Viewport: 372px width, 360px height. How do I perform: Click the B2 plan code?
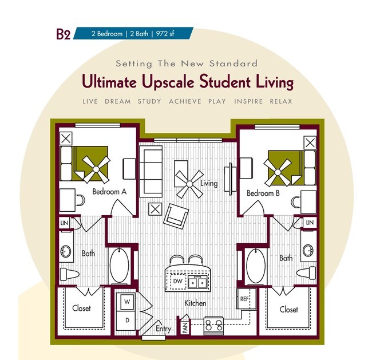pyautogui.click(x=63, y=34)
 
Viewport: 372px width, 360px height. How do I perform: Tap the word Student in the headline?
pyautogui.click(x=224, y=82)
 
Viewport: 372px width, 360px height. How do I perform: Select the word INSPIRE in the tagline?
pyautogui.click(x=248, y=101)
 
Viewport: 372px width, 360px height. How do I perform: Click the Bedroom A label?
pyautogui.click(x=109, y=192)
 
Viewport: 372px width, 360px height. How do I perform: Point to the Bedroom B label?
pyautogui.click(x=263, y=193)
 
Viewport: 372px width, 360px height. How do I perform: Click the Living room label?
pyautogui.click(x=209, y=183)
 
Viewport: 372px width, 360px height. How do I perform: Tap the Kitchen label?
pyautogui.click(x=195, y=303)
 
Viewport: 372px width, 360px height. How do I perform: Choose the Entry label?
pyautogui.click(x=163, y=329)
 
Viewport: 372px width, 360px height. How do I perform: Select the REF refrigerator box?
pyautogui.click(x=244, y=299)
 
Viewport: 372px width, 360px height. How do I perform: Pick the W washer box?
pyautogui.click(x=126, y=301)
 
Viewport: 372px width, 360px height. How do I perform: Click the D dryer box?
pyautogui.click(x=126, y=319)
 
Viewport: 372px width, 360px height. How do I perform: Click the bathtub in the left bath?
pyautogui.click(x=120, y=264)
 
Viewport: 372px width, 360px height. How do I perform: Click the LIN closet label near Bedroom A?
pyautogui.click(x=65, y=222)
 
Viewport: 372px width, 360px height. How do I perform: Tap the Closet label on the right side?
pyautogui.click(x=288, y=310)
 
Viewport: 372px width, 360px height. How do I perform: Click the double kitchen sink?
pyautogui.click(x=199, y=282)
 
